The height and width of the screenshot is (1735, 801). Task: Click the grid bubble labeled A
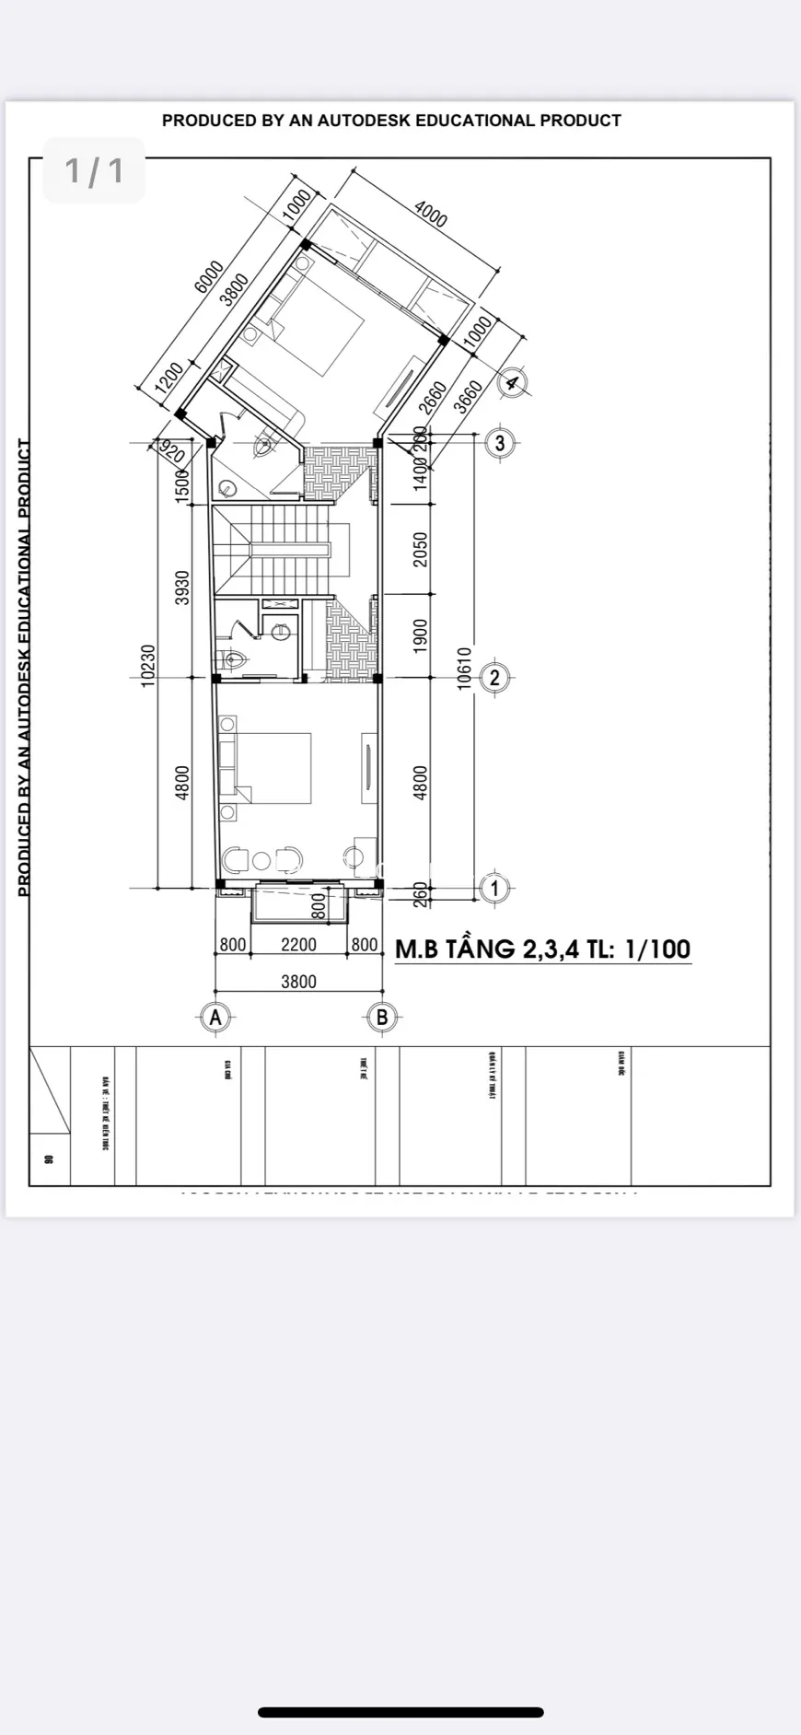pos(215,1017)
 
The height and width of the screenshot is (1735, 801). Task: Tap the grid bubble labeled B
pos(382,1017)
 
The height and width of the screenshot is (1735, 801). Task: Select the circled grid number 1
pos(494,889)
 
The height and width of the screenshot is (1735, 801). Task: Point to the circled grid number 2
pos(494,678)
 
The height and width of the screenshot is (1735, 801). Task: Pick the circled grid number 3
pos(500,443)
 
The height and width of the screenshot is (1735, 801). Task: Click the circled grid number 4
pos(512,381)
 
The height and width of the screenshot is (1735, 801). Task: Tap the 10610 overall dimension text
pos(465,668)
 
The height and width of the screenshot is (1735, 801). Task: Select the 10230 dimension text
pos(148,665)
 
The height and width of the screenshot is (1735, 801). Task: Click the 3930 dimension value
pos(182,588)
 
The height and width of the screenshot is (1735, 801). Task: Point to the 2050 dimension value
pos(421,550)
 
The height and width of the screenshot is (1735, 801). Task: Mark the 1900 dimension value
pos(421,635)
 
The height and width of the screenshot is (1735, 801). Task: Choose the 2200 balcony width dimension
pos(298,945)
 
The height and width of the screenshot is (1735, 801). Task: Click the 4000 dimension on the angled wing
pos(430,215)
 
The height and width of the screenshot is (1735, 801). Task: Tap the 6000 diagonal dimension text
pos(209,277)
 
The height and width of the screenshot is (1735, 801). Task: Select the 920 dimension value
pos(171,451)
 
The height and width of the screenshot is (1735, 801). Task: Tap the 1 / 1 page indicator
pos(94,170)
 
